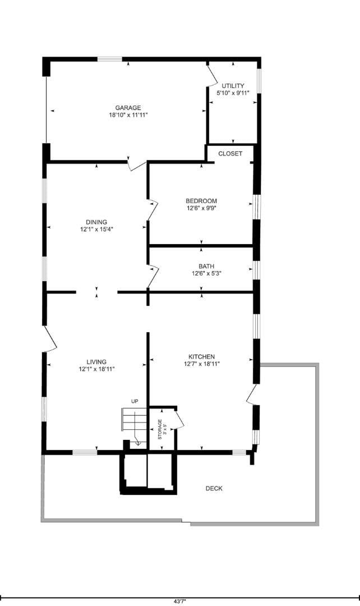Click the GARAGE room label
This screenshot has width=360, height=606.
128,108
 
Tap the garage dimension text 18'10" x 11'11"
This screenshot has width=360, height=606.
128,115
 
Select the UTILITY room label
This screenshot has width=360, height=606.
233,86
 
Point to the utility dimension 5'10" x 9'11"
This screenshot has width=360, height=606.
233,93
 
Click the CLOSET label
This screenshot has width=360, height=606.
230,153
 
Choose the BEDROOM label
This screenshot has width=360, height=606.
201,201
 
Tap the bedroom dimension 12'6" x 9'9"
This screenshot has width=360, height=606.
201,208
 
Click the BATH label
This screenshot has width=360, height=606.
206,267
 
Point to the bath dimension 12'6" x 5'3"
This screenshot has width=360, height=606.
206,274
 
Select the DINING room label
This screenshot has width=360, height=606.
96,222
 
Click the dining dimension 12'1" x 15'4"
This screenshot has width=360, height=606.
96,229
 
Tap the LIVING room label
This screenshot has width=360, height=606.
96,362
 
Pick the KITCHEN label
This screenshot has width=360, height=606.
201,356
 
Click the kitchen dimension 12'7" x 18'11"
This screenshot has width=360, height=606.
201,364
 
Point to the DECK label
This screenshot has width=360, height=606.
214,488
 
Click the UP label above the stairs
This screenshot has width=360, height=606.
135,401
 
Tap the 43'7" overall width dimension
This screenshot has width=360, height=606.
179,600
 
